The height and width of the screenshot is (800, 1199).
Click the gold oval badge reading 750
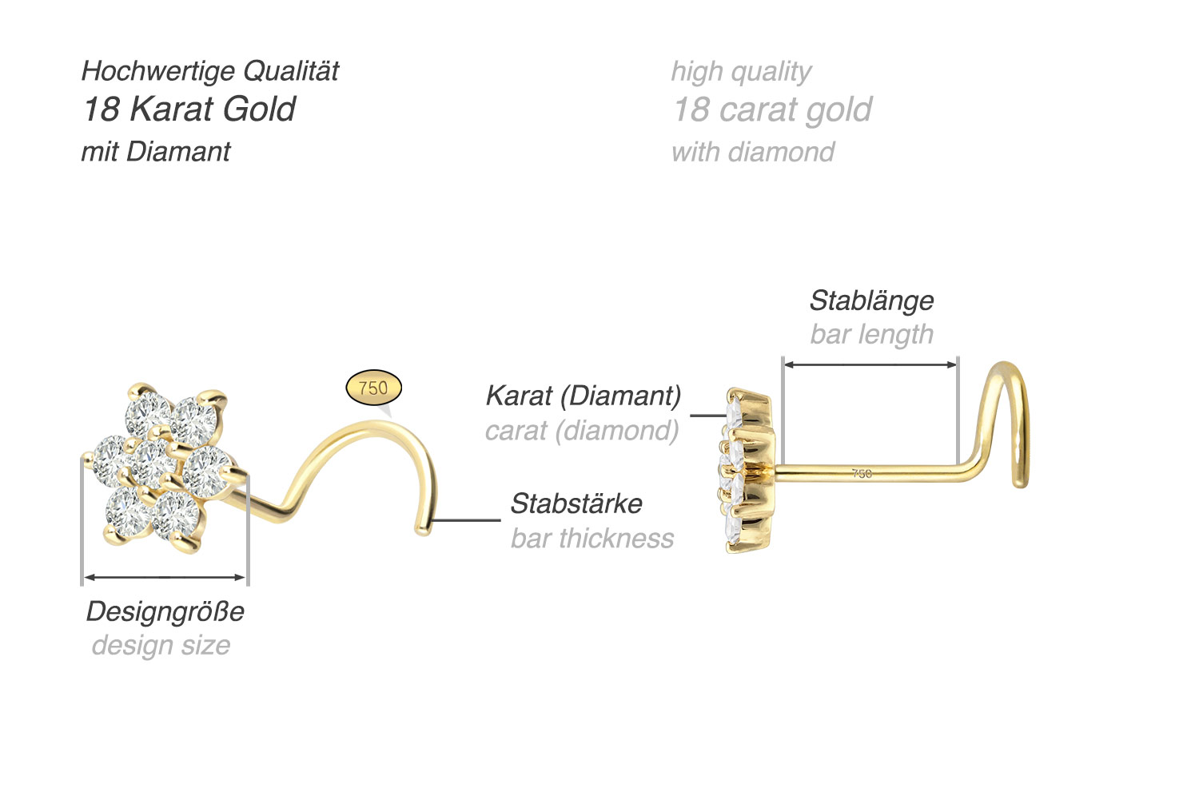tap(373, 388)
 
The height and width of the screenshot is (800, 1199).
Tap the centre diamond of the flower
tap(152, 463)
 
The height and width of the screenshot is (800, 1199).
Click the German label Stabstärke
tap(576, 503)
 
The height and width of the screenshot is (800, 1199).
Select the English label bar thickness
tap(592, 539)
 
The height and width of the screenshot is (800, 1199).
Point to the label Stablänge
tap(871, 300)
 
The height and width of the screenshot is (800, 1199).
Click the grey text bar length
tap(871, 334)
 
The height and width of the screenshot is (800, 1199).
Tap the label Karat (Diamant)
tap(584, 396)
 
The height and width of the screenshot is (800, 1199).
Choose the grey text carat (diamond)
tap(582, 431)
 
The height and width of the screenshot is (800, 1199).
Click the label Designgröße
tap(165, 611)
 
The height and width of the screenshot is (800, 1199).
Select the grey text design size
tap(161, 645)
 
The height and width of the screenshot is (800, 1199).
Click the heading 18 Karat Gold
tap(189, 109)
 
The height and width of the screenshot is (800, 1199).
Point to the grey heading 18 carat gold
tap(772, 109)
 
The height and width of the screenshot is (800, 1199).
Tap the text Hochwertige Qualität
tap(210, 71)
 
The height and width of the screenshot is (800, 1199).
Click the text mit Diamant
tap(156, 152)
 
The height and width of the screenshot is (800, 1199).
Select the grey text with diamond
tap(753, 152)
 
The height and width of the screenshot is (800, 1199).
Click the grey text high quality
tap(741, 71)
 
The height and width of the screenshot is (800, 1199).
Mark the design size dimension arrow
tap(165, 576)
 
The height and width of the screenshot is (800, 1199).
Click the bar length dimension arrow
tap(870, 364)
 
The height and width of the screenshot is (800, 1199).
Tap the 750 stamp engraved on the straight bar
tap(862, 474)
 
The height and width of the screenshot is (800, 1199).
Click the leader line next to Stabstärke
tap(467, 520)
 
